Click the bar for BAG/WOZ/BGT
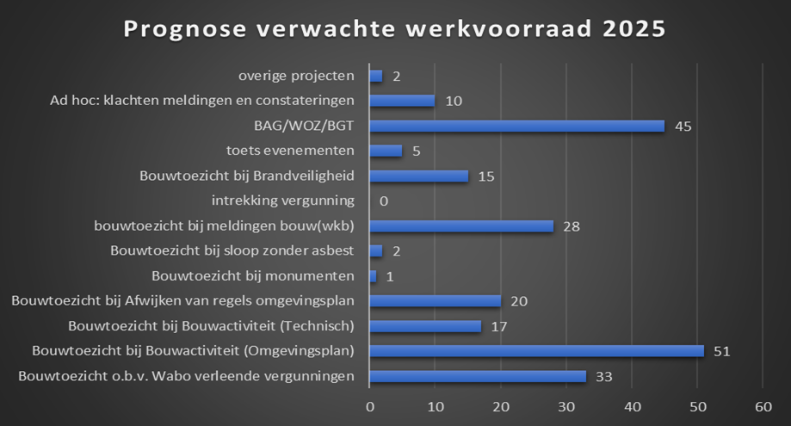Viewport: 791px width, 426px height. coord(516,126)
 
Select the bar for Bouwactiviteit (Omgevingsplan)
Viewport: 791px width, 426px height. coord(536,350)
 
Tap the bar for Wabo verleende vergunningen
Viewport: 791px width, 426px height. coord(478,375)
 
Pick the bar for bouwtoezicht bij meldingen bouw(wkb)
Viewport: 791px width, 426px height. coord(461,225)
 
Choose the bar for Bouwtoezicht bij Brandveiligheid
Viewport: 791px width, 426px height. coord(418,176)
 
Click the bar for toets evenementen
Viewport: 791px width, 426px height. coord(386,151)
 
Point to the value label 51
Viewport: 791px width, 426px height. coord(721,351)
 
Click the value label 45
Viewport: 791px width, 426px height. coord(683,127)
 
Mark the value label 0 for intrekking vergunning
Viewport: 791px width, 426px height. coord(383,201)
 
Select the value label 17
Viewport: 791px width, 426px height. coord(498,326)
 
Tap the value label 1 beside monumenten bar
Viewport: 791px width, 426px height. coord(389,276)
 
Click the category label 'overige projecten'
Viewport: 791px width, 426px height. coord(296,76)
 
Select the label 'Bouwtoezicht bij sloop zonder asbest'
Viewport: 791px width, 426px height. coord(232,251)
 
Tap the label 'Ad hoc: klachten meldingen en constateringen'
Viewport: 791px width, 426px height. coord(202,101)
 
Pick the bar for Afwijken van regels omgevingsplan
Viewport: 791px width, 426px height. coord(435,300)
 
